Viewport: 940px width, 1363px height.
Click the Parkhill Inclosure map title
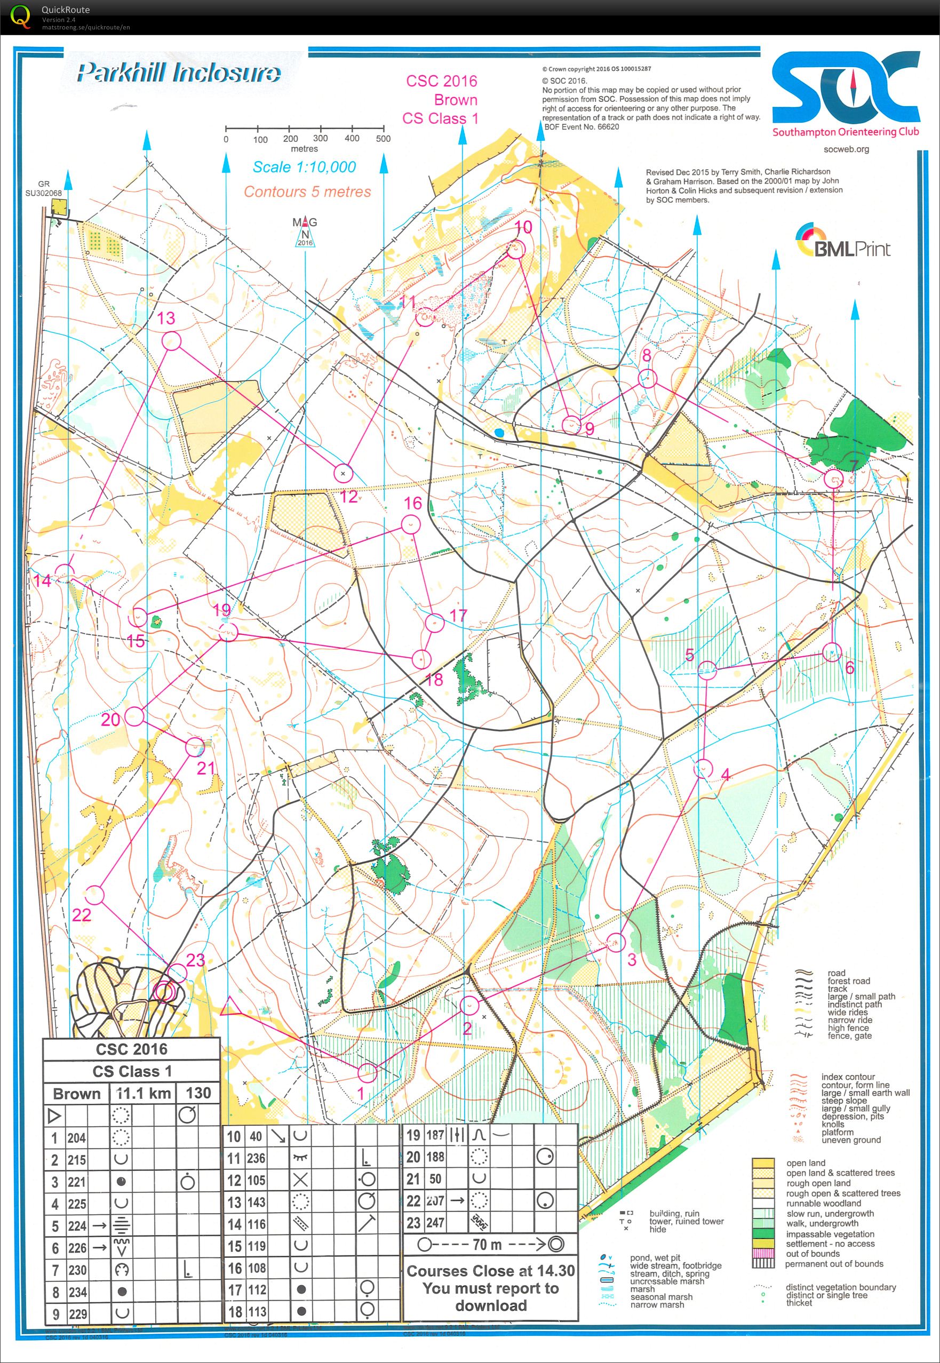pyautogui.click(x=179, y=73)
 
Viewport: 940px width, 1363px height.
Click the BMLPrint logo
pyautogui.click(x=843, y=242)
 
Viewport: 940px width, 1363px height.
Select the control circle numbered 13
pyautogui.click(x=171, y=341)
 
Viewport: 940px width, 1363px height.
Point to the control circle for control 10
pyautogui.click(x=516, y=250)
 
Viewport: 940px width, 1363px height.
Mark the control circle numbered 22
pyautogui.click(x=95, y=896)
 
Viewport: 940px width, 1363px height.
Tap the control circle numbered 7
pyautogui.click(x=833, y=479)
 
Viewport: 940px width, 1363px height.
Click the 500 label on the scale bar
pyautogui.click(x=383, y=139)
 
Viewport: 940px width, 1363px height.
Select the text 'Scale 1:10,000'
pyautogui.click(x=304, y=166)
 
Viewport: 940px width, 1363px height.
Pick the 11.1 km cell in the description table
pyautogui.click(x=143, y=1094)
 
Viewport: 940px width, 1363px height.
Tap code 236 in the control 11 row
pyautogui.click(x=256, y=1158)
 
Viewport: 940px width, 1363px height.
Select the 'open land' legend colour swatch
pyautogui.click(x=763, y=1163)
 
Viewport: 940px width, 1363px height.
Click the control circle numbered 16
pyautogui.click(x=410, y=523)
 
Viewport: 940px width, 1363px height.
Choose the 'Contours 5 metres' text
pyautogui.click(x=307, y=192)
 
